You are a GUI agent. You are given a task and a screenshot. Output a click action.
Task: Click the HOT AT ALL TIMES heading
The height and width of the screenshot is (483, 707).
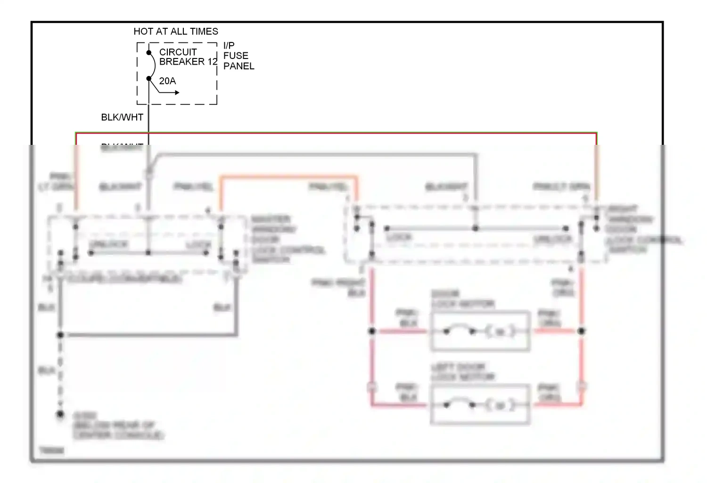pos(176,32)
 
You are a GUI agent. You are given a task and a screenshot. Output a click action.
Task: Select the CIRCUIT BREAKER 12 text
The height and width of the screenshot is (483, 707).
pos(188,57)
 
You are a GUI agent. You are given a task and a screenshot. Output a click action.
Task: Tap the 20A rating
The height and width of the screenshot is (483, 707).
pos(167,81)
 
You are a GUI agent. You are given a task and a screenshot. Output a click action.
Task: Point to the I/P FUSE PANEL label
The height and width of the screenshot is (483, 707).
pos(238,56)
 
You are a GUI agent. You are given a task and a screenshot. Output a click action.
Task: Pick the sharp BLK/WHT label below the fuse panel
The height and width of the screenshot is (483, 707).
pos(122,117)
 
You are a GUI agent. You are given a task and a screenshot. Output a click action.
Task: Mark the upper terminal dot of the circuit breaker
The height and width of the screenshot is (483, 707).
pos(149,52)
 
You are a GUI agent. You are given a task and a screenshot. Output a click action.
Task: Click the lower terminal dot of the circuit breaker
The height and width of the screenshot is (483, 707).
pos(149,78)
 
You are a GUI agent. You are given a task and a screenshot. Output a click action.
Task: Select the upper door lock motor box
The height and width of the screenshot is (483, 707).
pos(480,331)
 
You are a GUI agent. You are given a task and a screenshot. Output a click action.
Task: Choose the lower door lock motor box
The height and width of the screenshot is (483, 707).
pos(480,405)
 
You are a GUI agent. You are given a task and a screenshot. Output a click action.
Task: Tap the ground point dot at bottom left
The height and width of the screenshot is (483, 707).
pos(60,415)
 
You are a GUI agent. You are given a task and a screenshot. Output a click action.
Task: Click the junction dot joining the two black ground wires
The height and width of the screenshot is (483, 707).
pos(60,335)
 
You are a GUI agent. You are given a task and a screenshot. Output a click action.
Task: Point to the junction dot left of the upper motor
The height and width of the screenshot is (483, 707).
pos(372,331)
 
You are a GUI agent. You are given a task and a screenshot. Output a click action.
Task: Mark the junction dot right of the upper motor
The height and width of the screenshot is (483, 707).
pos(582,331)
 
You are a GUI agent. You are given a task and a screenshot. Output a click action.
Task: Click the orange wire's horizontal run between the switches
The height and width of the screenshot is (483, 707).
pos(288,177)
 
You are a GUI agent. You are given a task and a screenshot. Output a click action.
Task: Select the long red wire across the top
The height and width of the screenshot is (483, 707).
pos(336,133)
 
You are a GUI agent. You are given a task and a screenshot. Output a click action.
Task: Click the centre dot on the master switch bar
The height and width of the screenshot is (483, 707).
pos(148,253)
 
